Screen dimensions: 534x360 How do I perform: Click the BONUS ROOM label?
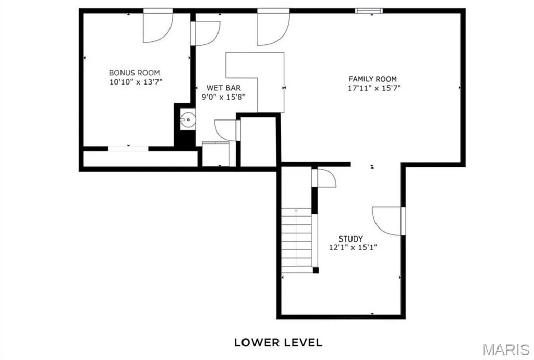[x=134, y=73]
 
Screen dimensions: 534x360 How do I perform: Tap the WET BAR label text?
[x=223, y=88]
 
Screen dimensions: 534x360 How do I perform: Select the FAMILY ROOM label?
[x=372, y=79]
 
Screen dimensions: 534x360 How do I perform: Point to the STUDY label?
[x=350, y=239]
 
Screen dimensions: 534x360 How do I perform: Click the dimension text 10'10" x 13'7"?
[x=136, y=82]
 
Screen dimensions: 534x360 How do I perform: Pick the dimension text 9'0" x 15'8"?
[x=223, y=97]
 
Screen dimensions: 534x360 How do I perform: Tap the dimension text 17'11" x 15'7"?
[x=374, y=88]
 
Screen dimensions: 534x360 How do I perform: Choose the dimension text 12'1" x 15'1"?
[x=353, y=248]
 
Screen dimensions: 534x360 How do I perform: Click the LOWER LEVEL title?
[x=278, y=342]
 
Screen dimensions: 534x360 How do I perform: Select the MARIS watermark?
[x=506, y=350]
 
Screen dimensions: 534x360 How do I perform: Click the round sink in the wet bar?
[x=188, y=119]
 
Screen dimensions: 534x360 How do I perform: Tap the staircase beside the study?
[x=296, y=240]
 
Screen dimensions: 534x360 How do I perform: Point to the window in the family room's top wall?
[x=369, y=10]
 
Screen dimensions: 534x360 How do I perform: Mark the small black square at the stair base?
[x=315, y=270]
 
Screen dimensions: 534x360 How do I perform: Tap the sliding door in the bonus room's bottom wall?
[x=128, y=149]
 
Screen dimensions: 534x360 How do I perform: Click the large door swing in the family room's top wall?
[x=273, y=29]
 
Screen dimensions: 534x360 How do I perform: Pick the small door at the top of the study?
[x=324, y=178]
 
